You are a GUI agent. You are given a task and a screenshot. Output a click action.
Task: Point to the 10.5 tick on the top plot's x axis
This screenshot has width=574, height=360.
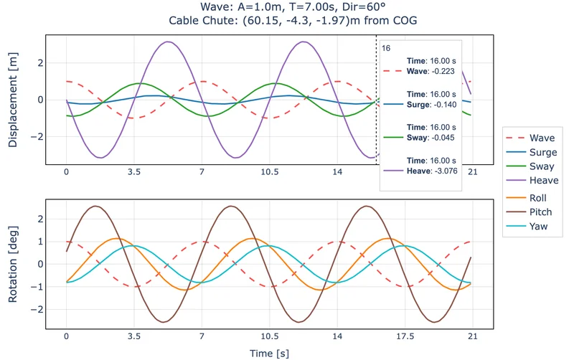click(270, 172)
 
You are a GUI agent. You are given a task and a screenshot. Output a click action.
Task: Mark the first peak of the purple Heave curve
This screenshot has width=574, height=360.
click(168, 42)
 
